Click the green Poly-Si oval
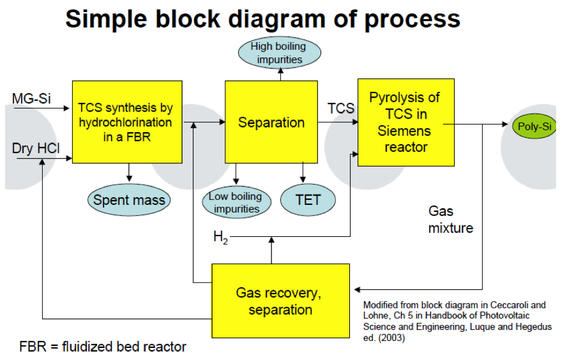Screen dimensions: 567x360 [534, 126]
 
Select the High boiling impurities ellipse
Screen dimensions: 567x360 [279, 53]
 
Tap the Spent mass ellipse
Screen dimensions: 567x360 [129, 200]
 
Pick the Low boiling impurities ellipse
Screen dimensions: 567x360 [236, 202]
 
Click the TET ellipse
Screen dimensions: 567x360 [308, 200]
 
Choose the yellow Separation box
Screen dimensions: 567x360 [271, 122]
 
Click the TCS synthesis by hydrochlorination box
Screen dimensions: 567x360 [127, 122]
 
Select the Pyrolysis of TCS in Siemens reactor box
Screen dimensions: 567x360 [405, 123]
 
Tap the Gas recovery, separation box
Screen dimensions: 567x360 [280, 301]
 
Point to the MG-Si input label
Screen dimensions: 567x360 [31, 99]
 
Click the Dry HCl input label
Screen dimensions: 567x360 [36, 149]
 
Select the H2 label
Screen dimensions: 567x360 [220, 238]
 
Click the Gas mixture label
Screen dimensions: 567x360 [451, 220]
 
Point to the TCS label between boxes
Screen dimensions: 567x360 [340, 109]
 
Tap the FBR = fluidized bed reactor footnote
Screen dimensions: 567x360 [103, 347]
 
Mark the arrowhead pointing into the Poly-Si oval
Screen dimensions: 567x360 [505, 124]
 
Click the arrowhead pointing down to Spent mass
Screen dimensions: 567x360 [129, 178]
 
